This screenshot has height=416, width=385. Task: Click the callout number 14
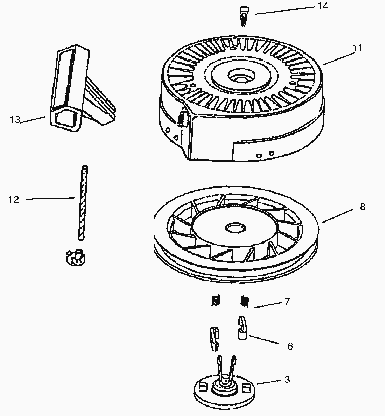point(323,6)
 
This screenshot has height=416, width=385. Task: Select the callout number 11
point(357,48)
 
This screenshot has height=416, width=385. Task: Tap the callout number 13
point(15,120)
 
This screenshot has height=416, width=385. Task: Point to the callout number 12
point(13,199)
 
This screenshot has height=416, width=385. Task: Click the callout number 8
point(362,207)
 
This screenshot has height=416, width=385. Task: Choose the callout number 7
point(287,302)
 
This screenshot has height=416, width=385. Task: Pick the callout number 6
point(289,346)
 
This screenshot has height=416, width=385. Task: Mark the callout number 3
point(287,379)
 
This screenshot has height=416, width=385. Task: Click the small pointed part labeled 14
point(244,16)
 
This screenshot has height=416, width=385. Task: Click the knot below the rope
point(75,258)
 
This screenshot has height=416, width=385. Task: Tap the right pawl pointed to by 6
point(243,327)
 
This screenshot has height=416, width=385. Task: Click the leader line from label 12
point(51,199)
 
